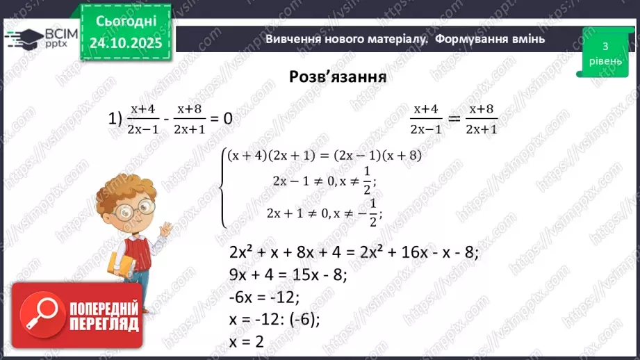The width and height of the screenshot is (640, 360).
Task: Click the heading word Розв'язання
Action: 338,76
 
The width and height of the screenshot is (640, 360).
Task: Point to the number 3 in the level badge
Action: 605,47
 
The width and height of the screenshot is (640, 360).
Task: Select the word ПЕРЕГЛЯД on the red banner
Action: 104,325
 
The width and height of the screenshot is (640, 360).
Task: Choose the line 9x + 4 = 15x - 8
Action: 288,275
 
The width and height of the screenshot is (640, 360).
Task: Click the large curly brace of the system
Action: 224,188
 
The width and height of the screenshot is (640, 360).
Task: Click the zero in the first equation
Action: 227,118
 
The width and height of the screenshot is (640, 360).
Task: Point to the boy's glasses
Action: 136,206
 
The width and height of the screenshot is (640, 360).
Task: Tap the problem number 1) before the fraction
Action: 115,118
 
